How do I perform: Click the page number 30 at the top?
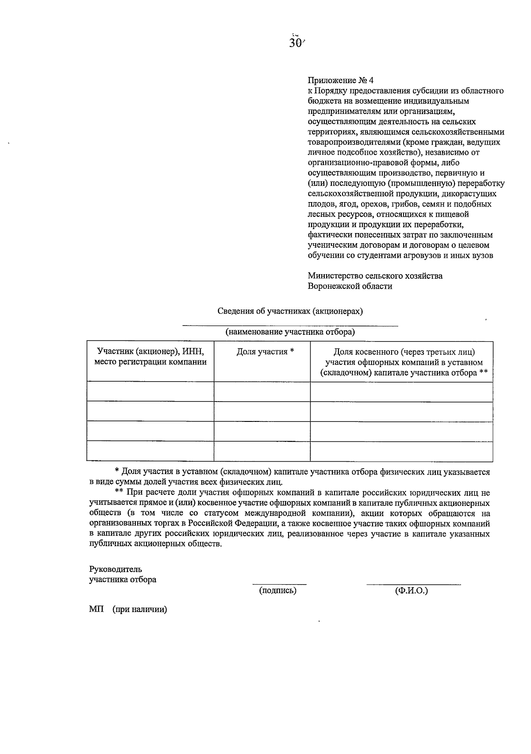(295, 43)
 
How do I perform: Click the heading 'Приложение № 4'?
(341, 80)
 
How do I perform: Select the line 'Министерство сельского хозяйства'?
(375, 276)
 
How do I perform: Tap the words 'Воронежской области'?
(350, 286)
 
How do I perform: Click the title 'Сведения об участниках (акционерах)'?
(290, 311)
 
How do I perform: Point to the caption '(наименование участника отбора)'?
(290, 332)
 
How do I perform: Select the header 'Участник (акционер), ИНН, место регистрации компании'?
(150, 357)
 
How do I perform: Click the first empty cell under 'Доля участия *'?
(262, 392)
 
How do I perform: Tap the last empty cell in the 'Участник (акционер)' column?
(150, 451)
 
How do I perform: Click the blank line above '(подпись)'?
(279, 584)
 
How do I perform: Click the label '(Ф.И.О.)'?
(412, 590)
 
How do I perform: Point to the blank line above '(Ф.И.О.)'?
(413, 584)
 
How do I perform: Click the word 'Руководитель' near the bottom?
(115, 569)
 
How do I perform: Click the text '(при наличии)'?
(140, 609)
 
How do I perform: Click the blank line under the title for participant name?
(290, 325)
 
